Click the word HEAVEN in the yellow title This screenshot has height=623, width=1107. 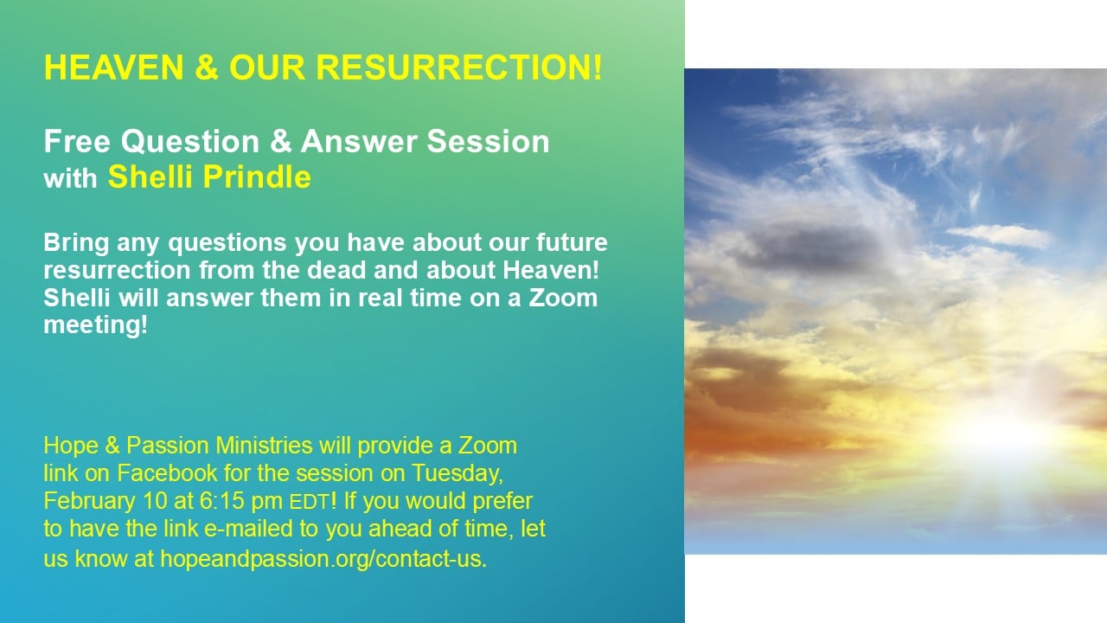(113, 67)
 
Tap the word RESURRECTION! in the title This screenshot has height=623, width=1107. (459, 67)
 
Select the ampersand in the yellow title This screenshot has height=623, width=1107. (207, 67)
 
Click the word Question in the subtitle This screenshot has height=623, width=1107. (190, 142)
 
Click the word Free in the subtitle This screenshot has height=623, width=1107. (77, 141)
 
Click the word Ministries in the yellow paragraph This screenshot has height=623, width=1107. (264, 446)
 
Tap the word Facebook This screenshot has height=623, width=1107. (167, 473)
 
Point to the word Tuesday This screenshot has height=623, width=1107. (458, 474)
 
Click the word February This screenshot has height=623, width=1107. (89, 501)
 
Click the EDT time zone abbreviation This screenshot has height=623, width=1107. (309, 503)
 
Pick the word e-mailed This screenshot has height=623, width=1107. (251, 529)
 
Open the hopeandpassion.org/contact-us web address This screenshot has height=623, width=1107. (323, 559)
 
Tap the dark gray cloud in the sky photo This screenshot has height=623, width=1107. (810, 250)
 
